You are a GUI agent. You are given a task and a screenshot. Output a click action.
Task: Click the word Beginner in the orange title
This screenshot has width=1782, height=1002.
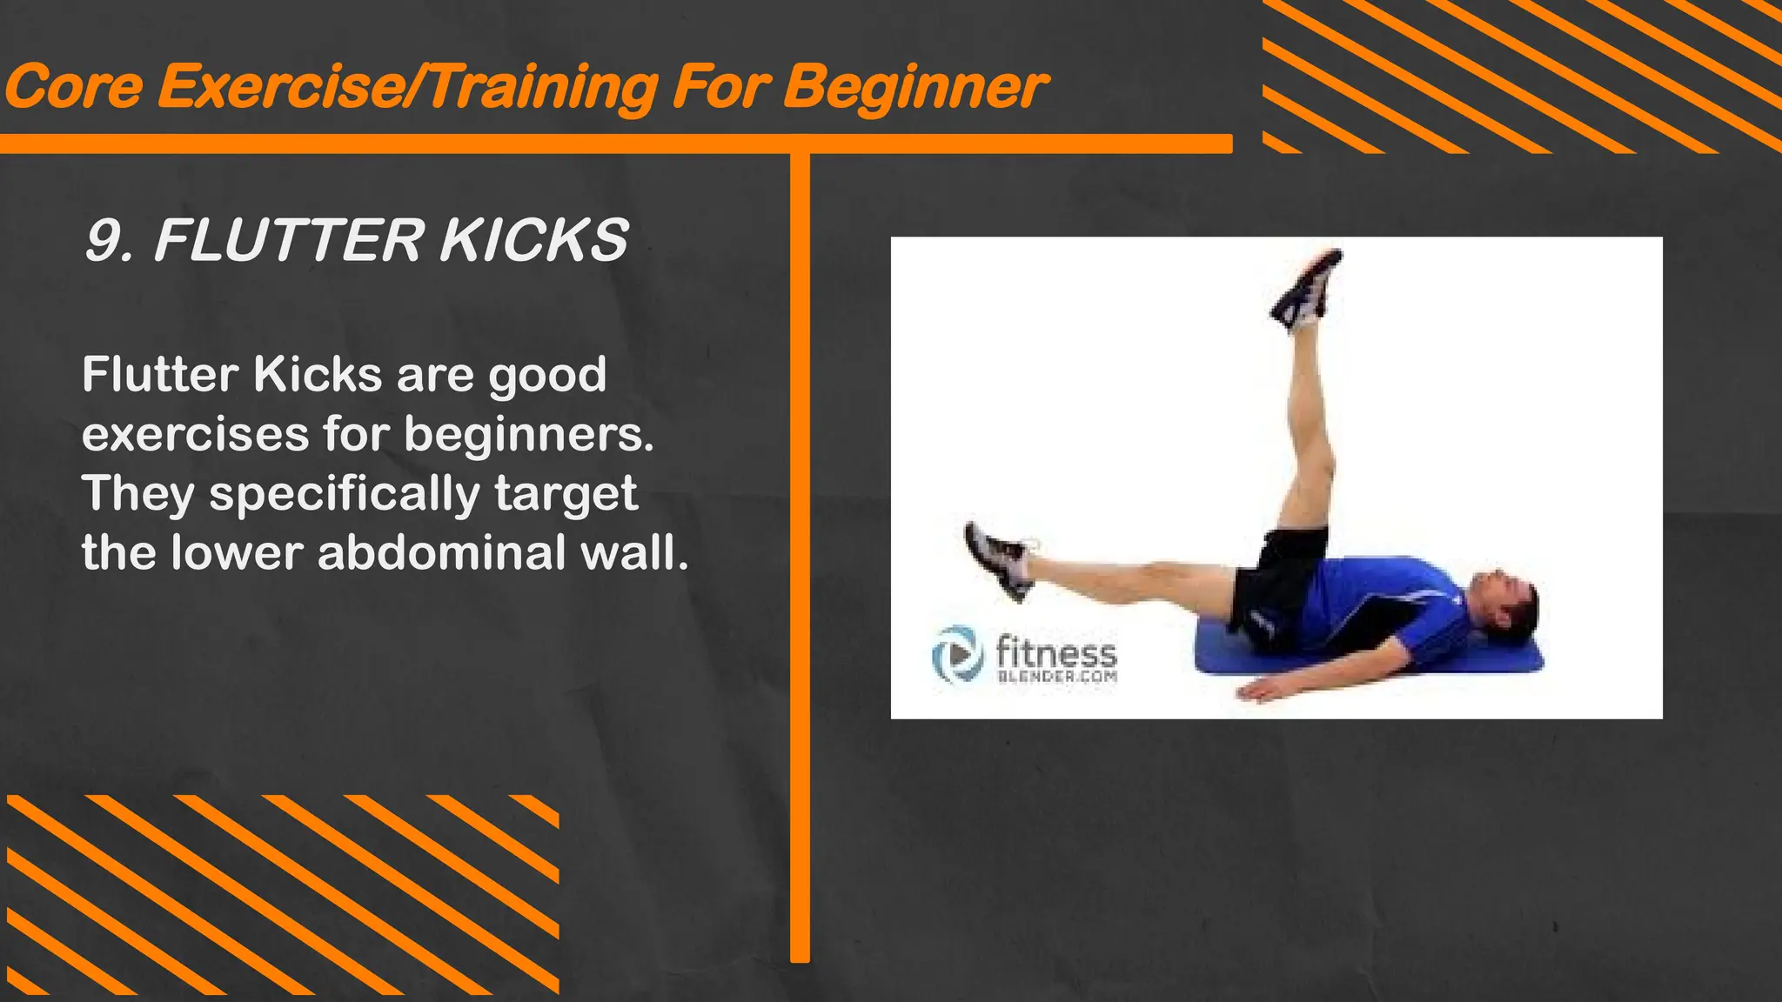tap(914, 88)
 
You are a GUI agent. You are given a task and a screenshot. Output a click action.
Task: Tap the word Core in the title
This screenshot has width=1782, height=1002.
tap(73, 88)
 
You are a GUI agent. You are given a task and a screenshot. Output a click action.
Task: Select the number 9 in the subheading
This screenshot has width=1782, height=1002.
tap(104, 241)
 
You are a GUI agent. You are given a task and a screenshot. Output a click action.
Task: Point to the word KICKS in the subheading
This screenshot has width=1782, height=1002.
tap(533, 241)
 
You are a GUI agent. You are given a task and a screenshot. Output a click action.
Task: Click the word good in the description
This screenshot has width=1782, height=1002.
tap(546, 377)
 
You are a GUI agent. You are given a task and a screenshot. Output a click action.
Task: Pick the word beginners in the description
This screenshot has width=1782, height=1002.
tap(528, 435)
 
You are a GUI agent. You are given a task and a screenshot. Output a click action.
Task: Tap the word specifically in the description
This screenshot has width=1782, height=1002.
tap(345, 495)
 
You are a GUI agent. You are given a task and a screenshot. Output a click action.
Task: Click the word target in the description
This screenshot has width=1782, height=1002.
tap(566, 495)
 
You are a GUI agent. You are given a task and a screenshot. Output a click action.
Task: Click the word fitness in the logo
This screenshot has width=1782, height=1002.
tap(1055, 651)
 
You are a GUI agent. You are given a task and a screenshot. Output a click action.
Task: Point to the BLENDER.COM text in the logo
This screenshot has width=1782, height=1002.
tap(1056, 677)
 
